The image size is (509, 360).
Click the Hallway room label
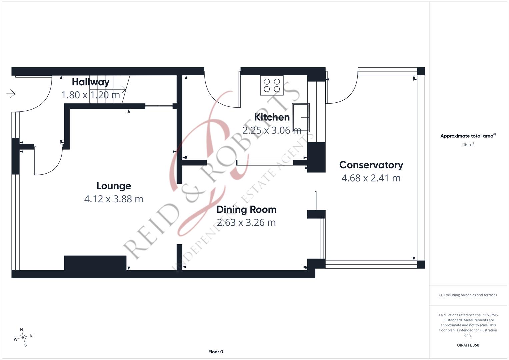pyautogui.click(x=90, y=82)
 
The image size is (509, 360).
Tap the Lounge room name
pyautogui.click(x=114, y=186)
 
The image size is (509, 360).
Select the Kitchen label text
pyautogui.click(x=272, y=117)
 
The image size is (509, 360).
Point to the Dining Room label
pyautogui.click(x=246, y=210)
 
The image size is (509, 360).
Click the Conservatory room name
pyautogui.click(x=371, y=165)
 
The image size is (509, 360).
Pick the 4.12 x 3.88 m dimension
pyautogui.click(x=114, y=199)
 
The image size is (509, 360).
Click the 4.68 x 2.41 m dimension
pyautogui.click(x=371, y=178)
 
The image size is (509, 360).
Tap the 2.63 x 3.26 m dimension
pyautogui.click(x=246, y=223)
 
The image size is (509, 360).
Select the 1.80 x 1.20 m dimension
pyautogui.click(x=90, y=95)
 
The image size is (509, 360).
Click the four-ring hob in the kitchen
pyautogui.click(x=272, y=85)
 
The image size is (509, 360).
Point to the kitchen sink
pyautogui.click(x=301, y=117)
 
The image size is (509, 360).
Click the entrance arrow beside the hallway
pyautogui.click(x=11, y=94)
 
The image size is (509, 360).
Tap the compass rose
pyautogui.click(x=23, y=337)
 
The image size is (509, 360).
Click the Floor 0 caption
pyautogui.click(x=216, y=352)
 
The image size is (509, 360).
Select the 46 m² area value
pyautogui.click(x=468, y=145)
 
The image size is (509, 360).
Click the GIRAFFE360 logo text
pyautogui.click(x=468, y=345)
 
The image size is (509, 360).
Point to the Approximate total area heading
pyautogui.click(x=468, y=136)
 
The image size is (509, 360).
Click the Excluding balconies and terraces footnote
pyautogui.click(x=468, y=295)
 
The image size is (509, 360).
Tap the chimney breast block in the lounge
pyautogui.click(x=95, y=263)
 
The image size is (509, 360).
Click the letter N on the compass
pyautogui.click(x=22, y=330)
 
